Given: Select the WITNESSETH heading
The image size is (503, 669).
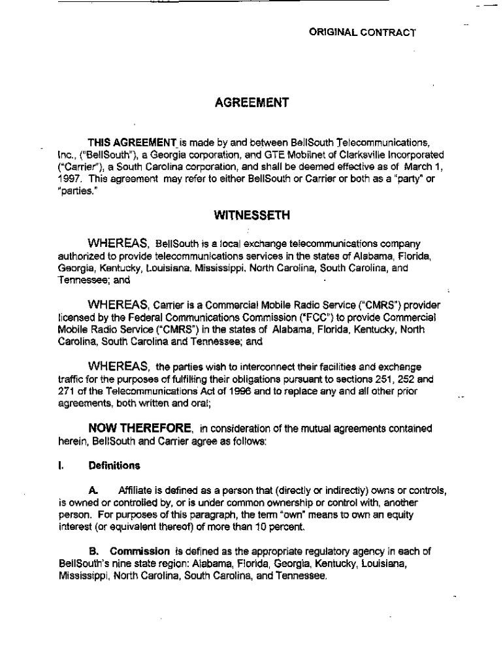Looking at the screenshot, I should coord(252,214).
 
